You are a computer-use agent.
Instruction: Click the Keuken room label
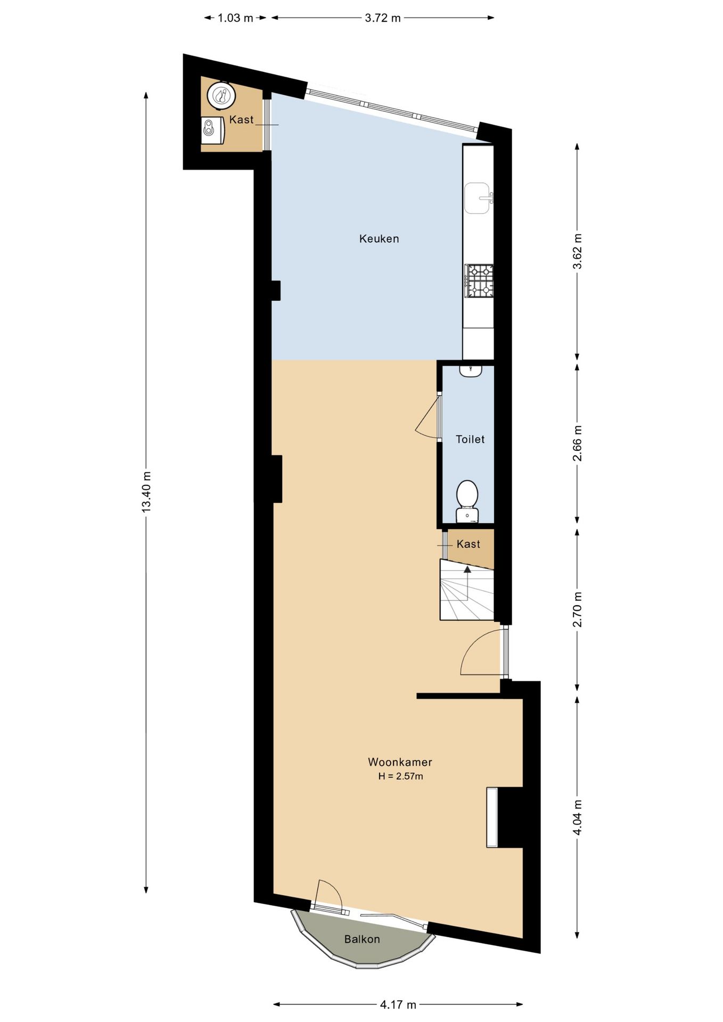[379, 238]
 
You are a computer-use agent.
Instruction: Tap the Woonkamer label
[400, 762]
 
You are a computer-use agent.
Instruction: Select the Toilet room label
[470, 439]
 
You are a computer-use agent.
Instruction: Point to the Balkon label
[362, 939]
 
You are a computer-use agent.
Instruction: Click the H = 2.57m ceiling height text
[400, 776]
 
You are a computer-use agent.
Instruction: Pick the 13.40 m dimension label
[146, 492]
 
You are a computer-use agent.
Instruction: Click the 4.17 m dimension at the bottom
[398, 1004]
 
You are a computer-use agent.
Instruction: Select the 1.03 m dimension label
[235, 18]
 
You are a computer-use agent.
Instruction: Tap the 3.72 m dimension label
[383, 18]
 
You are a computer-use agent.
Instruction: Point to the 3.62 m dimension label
[578, 251]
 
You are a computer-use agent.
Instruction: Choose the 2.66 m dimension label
[578, 443]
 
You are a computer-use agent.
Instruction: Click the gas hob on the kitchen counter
[479, 281]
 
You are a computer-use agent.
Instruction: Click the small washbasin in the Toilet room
[471, 371]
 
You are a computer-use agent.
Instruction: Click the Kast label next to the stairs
[469, 544]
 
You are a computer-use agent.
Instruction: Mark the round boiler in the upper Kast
[221, 96]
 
